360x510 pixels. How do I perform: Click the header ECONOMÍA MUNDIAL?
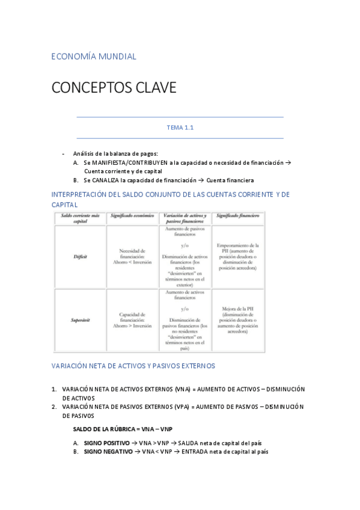pyautogui.click(x=94, y=57)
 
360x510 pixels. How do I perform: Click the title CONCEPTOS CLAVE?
pyautogui.click(x=114, y=88)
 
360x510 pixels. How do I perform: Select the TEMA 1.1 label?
pyautogui.click(x=180, y=127)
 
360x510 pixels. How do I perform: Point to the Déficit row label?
pyautogui.click(x=80, y=257)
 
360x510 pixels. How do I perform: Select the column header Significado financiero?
pyautogui.click(x=239, y=216)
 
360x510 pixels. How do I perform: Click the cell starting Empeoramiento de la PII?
pyautogui.click(x=239, y=257)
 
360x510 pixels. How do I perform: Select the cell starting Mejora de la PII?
pyautogui.click(x=239, y=320)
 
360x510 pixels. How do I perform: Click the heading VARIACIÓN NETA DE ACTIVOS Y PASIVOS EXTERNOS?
pyautogui.click(x=133, y=365)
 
